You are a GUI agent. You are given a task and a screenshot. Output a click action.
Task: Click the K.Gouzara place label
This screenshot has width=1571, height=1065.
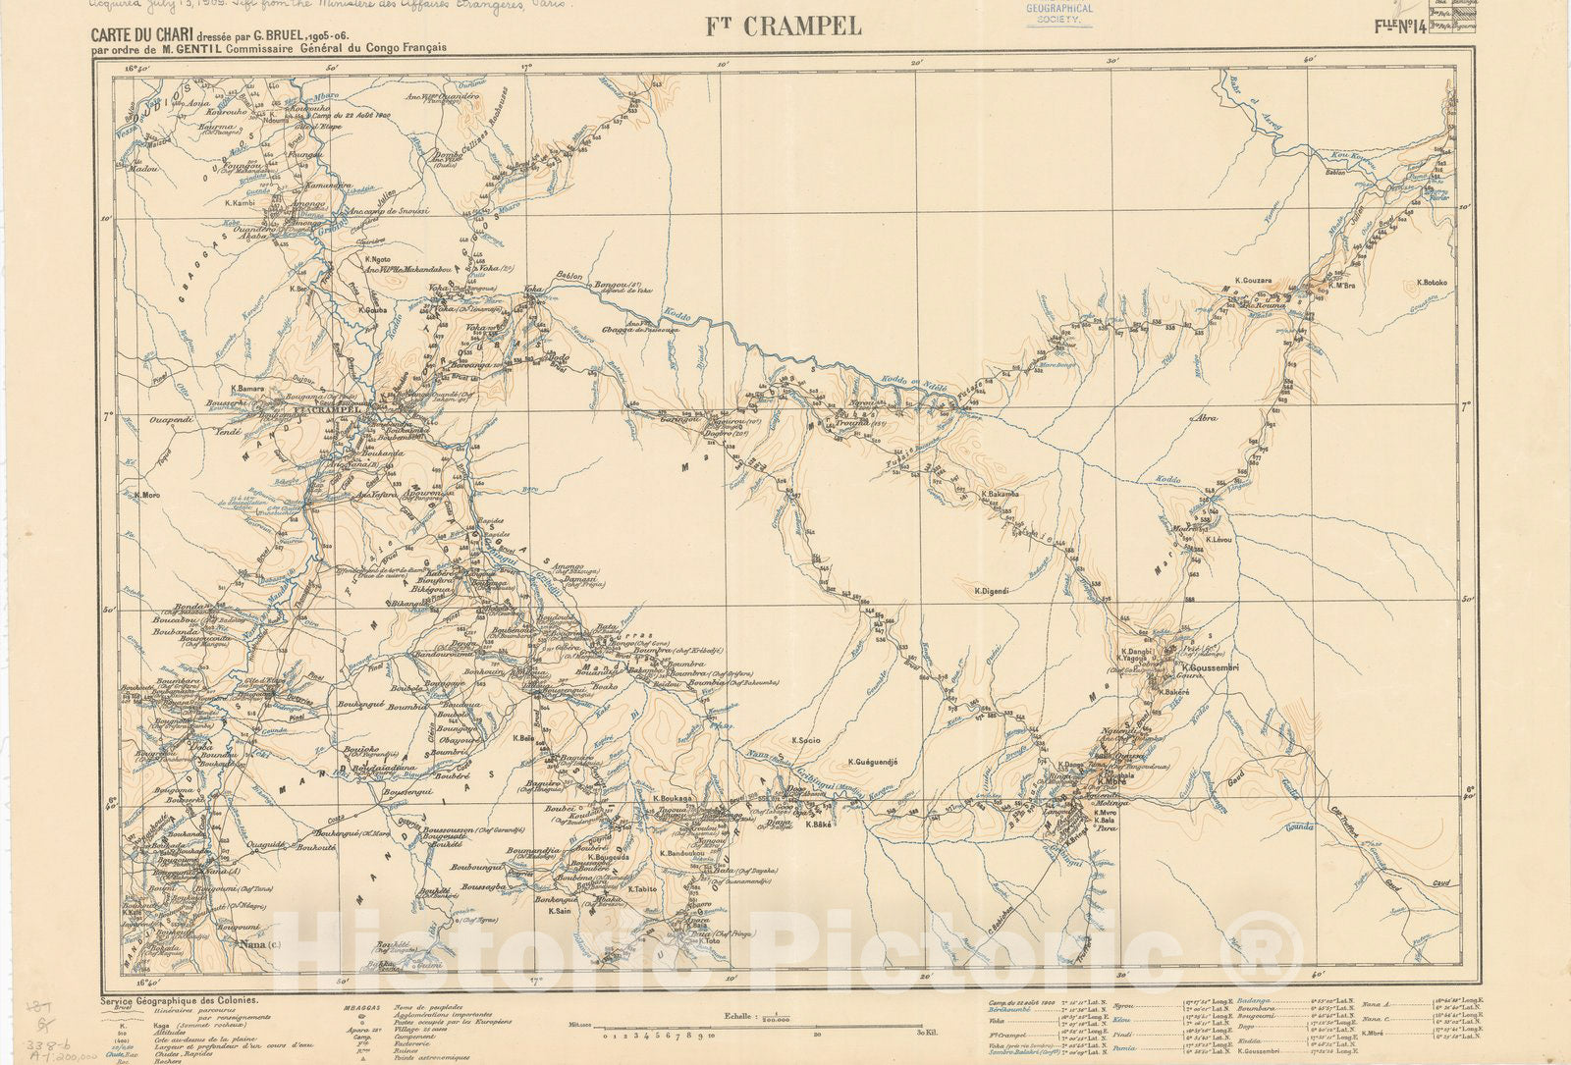tap(1253, 280)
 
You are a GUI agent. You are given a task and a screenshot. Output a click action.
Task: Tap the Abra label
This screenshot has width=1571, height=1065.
tap(1203, 418)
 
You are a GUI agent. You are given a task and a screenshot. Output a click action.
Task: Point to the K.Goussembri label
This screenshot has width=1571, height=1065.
tap(1214, 667)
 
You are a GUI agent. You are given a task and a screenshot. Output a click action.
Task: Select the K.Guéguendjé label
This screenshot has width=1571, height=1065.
tap(872, 761)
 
